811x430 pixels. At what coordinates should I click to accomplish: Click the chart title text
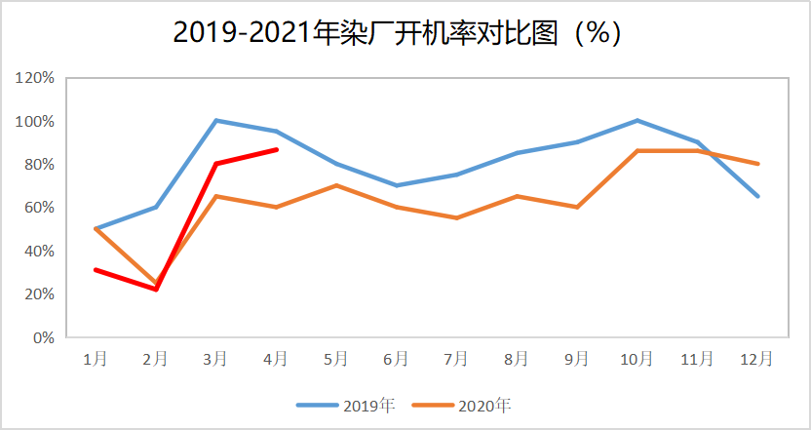click(398, 32)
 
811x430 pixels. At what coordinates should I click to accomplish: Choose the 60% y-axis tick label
click(38, 208)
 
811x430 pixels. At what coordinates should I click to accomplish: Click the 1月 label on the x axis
click(95, 359)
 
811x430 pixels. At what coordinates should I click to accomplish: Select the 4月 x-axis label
click(276, 359)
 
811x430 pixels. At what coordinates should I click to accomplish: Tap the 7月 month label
click(456, 359)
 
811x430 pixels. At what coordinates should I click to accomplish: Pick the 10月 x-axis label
click(637, 359)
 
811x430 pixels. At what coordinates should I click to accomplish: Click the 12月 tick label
click(757, 359)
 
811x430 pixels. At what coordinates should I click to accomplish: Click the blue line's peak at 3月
click(215, 121)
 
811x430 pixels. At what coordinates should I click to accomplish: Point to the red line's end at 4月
click(277, 149)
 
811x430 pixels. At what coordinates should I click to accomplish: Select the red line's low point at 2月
click(155, 290)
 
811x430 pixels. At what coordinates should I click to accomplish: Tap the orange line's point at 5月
click(336, 185)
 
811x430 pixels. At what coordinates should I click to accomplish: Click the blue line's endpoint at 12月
click(757, 196)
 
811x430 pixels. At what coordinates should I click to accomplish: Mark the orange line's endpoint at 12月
click(757, 164)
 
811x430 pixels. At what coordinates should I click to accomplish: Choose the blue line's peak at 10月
click(637, 121)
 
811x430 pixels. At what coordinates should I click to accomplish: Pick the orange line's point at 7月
click(456, 217)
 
